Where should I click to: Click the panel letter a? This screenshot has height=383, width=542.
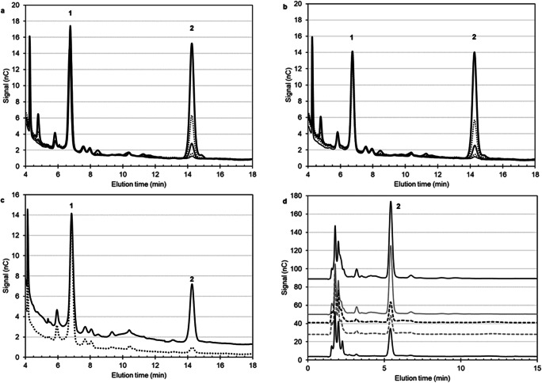(4, 5)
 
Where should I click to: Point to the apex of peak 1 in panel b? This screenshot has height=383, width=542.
(352, 51)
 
